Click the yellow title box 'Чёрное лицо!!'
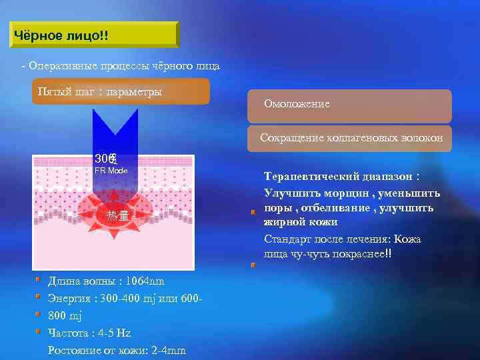tap(95, 35)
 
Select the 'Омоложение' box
tap(349, 105)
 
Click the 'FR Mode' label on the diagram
tap(111, 171)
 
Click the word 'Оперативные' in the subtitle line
tap(63, 67)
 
